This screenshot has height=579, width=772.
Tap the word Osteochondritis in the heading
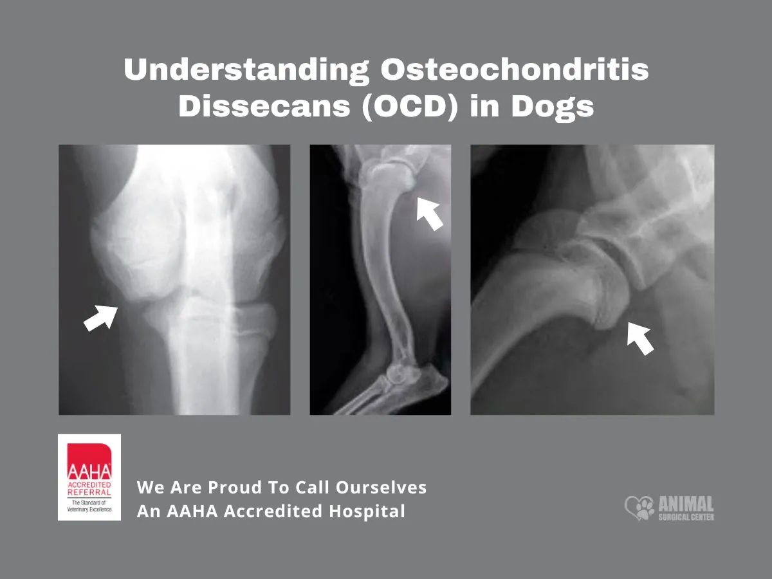click(x=514, y=69)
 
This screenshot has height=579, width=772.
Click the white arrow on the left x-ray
click(x=101, y=317)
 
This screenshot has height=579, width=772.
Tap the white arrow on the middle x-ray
click(x=429, y=213)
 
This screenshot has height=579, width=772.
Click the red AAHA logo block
click(x=89, y=462)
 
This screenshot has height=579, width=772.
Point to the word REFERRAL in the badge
click(x=89, y=492)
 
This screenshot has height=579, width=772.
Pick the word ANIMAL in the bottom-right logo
click(x=686, y=504)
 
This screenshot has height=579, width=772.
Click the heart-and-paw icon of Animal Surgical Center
click(x=639, y=508)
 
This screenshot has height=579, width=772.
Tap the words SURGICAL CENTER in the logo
click(x=686, y=517)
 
